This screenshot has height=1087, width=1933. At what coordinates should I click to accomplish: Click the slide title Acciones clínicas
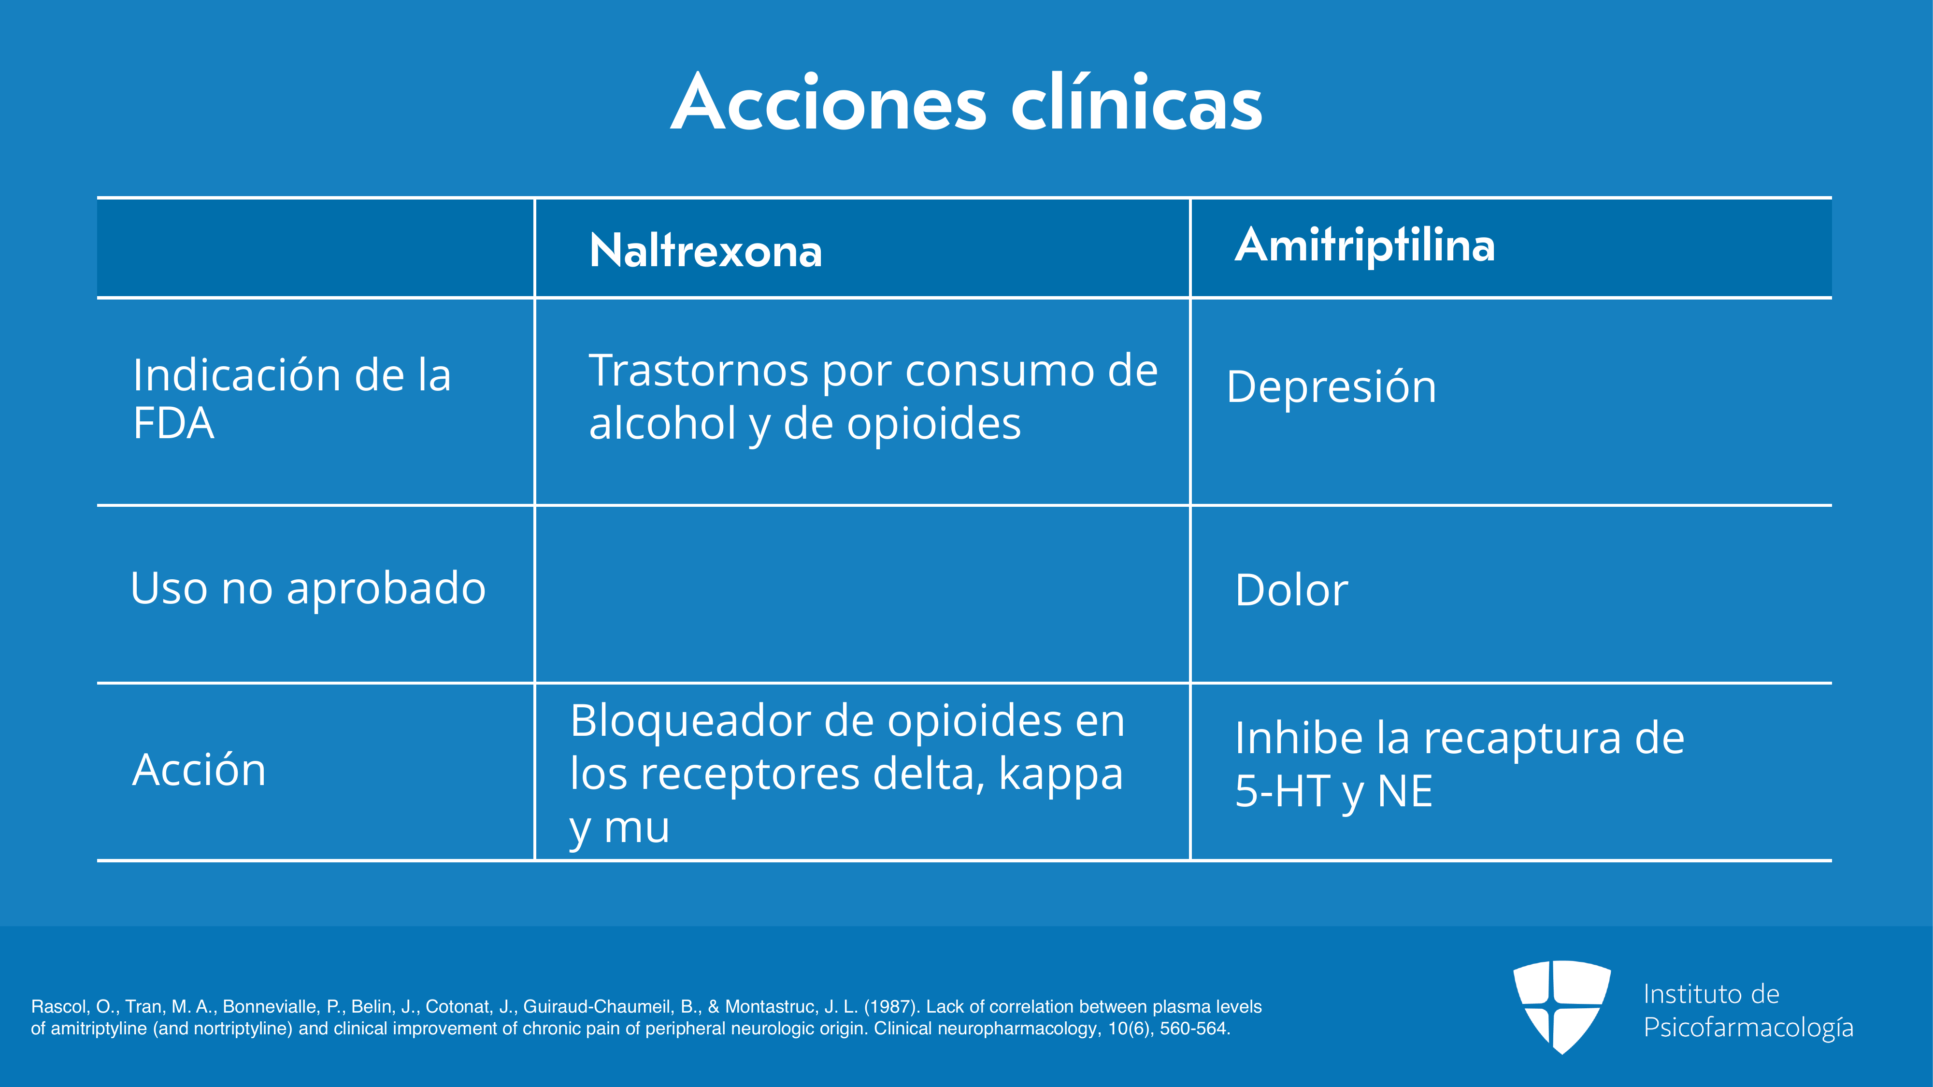(966, 103)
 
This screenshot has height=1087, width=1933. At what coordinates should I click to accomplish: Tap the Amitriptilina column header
(1365, 245)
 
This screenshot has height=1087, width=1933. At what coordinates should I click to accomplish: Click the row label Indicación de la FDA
(292, 399)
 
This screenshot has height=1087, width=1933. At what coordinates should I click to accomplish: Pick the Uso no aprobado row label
(308, 587)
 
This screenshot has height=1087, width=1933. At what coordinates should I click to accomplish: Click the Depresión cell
(1331, 387)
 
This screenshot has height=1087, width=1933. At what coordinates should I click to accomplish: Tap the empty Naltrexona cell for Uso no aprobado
(862, 594)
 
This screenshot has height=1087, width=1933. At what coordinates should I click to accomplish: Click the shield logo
(1561, 1007)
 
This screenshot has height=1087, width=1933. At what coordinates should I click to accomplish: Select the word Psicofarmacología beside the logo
(1748, 1028)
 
